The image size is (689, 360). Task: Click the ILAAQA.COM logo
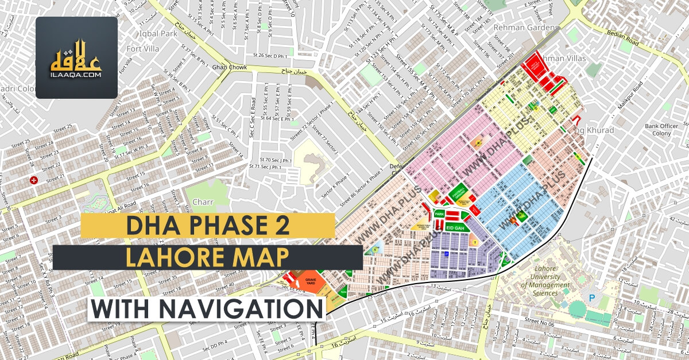point(77,57)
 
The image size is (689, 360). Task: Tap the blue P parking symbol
point(592,297)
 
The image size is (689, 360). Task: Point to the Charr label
point(203,202)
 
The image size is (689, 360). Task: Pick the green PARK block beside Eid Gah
point(440,214)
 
